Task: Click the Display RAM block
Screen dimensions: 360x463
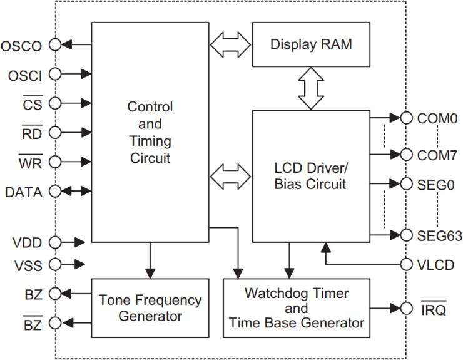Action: (x=311, y=44)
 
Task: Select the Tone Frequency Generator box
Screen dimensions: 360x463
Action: (x=150, y=307)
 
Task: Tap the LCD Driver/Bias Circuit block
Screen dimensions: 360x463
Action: (x=311, y=176)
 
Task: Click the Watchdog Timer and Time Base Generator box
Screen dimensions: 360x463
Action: (x=296, y=308)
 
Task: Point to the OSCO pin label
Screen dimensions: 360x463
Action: (x=21, y=46)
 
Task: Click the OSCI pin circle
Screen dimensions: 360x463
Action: (x=55, y=75)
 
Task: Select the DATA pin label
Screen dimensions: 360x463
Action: (x=23, y=192)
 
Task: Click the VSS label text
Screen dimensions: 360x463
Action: (x=28, y=266)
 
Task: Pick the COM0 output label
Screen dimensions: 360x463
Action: (x=433, y=118)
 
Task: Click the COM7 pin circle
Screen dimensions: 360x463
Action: (x=407, y=154)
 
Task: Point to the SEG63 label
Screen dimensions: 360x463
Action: (x=439, y=236)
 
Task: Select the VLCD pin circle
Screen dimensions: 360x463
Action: (x=407, y=264)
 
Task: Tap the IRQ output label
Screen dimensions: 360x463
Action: (x=432, y=309)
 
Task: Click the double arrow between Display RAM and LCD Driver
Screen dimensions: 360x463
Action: (x=310, y=88)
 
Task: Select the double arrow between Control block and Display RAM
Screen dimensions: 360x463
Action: (x=230, y=44)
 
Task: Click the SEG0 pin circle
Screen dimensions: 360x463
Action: (x=407, y=184)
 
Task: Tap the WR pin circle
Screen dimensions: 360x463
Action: (x=55, y=162)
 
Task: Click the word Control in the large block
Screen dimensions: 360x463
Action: (x=150, y=106)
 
